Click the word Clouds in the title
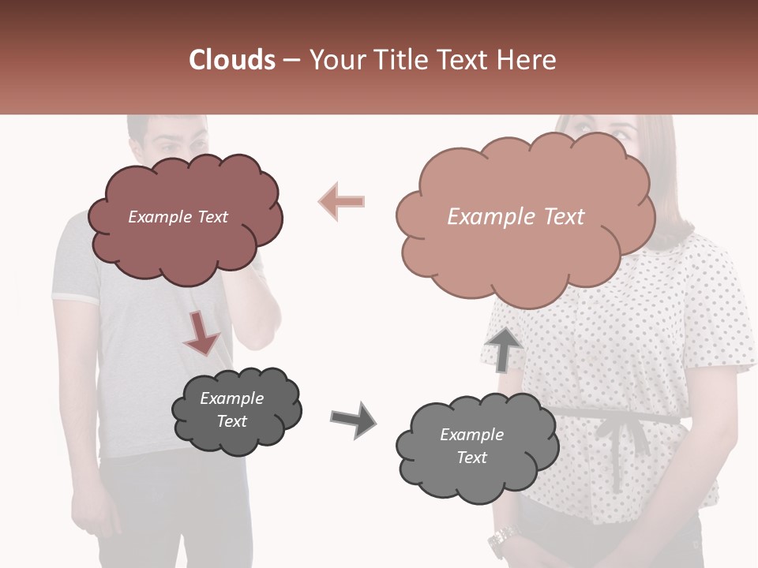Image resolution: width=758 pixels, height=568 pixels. tap(232, 59)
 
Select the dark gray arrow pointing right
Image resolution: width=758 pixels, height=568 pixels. tap(353, 420)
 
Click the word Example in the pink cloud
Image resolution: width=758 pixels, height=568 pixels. tap(483, 216)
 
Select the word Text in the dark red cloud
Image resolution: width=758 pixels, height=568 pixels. tap(211, 217)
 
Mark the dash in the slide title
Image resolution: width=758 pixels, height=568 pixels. tap(291, 61)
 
